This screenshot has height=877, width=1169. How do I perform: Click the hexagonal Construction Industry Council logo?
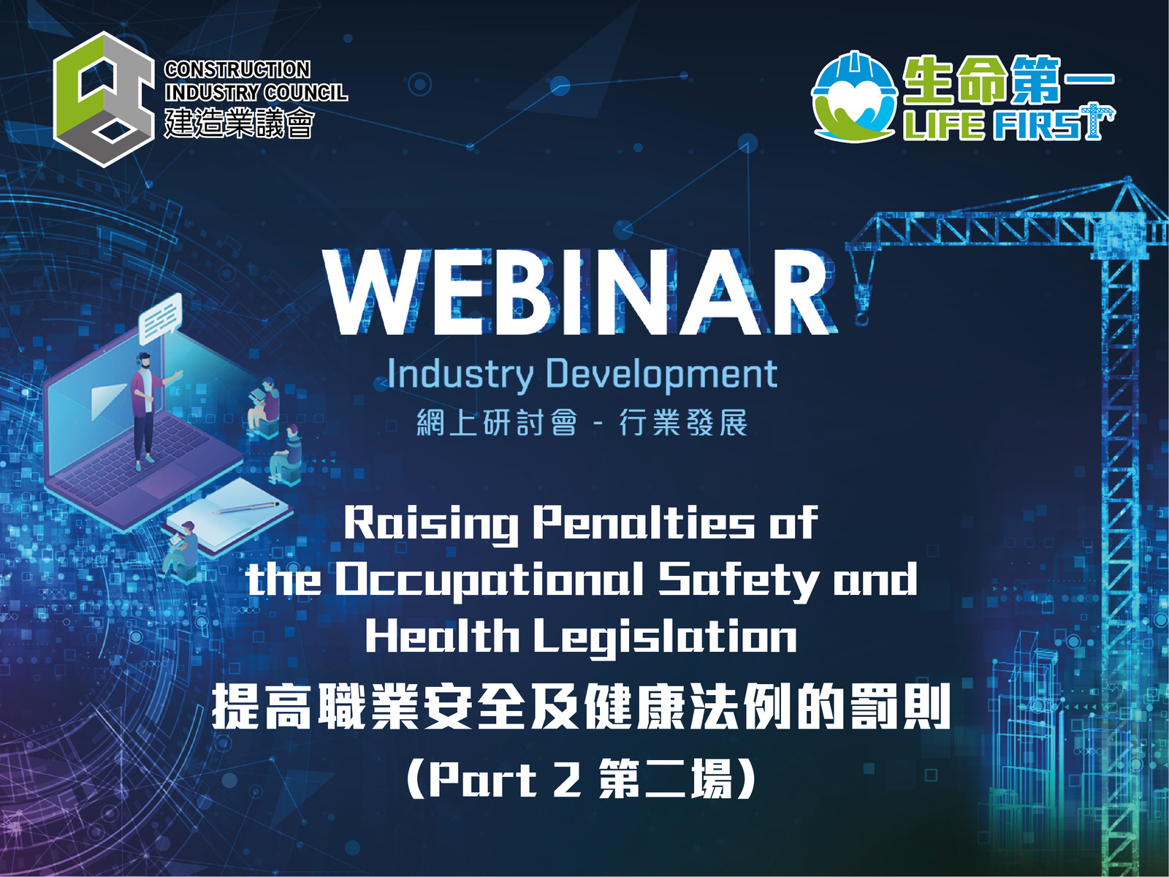104,99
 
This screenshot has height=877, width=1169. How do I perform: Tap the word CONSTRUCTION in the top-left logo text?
237,69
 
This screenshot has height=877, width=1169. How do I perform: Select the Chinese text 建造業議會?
240,123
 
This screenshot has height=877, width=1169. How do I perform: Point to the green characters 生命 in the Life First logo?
956,80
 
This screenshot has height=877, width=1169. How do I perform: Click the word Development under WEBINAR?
662,375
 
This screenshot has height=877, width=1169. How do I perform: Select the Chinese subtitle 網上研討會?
497,424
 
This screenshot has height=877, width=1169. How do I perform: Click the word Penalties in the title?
644,523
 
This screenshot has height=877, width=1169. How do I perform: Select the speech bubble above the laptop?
160,319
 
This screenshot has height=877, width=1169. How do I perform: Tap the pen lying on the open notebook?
246,507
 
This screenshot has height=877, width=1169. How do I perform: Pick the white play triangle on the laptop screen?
109,401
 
